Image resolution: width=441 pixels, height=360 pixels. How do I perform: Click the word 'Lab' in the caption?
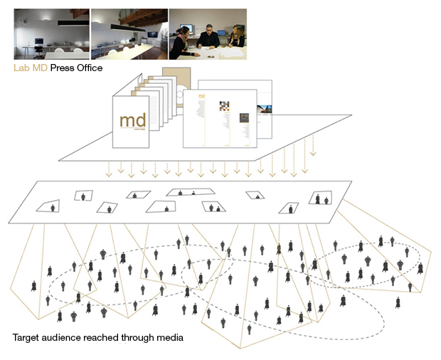pyautogui.click(x=21, y=68)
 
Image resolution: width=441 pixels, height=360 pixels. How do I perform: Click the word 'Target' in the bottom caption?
pyautogui.click(x=26, y=337)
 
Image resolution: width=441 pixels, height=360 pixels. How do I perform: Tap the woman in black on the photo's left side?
pyautogui.click(x=182, y=39)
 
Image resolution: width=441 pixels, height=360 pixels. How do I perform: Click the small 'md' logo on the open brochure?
pyautogui.click(x=201, y=96)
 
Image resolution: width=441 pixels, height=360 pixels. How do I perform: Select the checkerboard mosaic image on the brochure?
pyautogui.click(x=225, y=107)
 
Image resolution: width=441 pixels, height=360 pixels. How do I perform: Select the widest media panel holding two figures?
pyautogui.click(x=190, y=191)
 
